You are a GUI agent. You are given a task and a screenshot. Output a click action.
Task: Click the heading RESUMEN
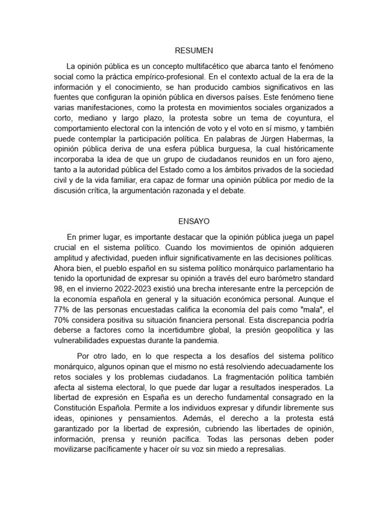pos(194,50)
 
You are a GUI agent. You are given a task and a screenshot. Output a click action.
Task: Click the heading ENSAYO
pos(194,221)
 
